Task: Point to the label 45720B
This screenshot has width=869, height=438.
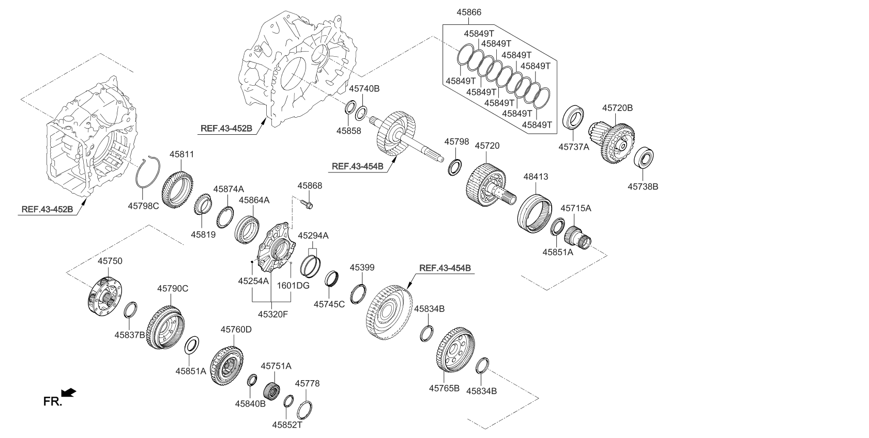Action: click(x=617, y=108)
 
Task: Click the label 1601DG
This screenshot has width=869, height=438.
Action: click(x=293, y=285)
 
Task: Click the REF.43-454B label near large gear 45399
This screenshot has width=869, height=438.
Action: click(x=445, y=268)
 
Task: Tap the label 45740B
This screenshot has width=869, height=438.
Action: click(x=364, y=89)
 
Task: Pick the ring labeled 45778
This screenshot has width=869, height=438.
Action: click(x=305, y=410)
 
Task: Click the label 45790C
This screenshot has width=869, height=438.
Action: click(x=173, y=289)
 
